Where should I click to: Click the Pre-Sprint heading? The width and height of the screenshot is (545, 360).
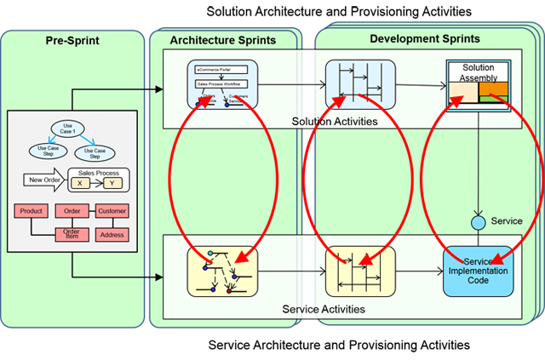pos(72,41)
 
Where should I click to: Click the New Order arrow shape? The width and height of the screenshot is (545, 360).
pos(49,180)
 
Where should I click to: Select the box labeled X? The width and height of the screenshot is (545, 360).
pos(79,184)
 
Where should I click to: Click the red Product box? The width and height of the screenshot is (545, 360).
pos(32,211)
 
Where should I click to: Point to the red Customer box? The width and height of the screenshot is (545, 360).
pos(112,211)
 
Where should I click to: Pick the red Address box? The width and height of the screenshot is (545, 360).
pos(112,235)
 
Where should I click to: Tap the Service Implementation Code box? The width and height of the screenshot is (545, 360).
pos(478,271)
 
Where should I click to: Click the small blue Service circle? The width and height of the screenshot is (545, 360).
pos(479,222)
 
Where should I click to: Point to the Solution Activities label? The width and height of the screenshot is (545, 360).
pos(334,122)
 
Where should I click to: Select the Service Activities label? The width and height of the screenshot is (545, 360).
pos(324,309)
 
